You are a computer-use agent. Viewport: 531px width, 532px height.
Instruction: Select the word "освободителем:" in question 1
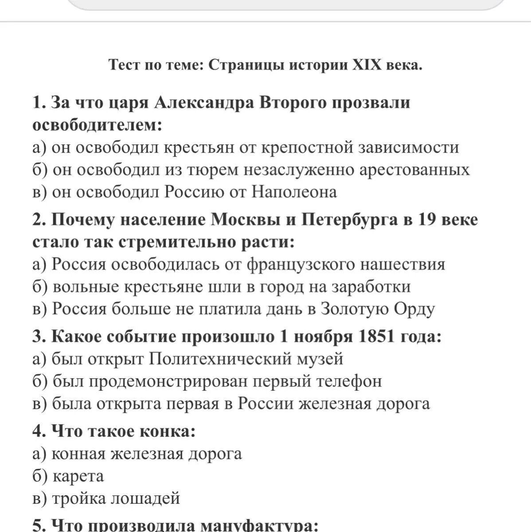pos(98,125)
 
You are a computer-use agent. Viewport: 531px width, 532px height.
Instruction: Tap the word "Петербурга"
pos(350,220)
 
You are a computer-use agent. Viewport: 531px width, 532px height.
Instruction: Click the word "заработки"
pos(371,287)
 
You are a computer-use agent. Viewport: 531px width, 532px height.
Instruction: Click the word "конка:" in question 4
pos(168,431)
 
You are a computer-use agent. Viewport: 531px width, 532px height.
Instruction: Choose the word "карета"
pos(78,476)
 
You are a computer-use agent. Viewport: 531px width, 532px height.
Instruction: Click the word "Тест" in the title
pos(124,65)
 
